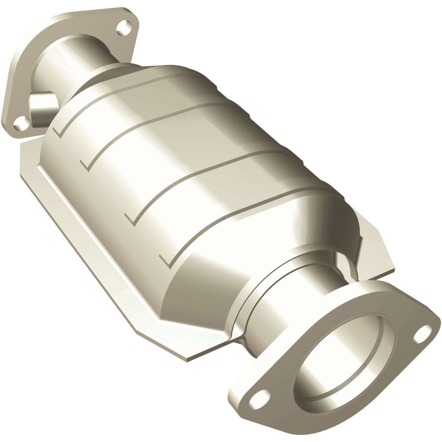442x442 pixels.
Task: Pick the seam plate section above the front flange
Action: [375, 248]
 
